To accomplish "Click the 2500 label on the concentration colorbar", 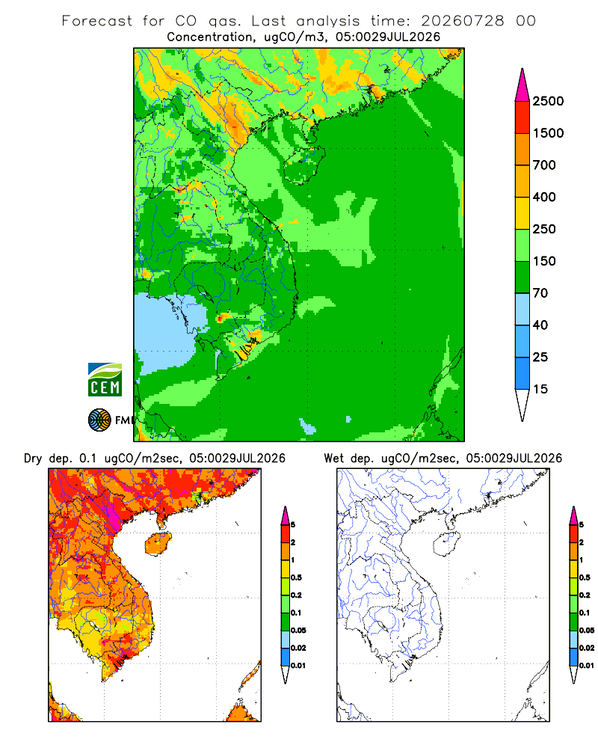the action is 548,101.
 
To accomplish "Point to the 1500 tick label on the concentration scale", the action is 548,133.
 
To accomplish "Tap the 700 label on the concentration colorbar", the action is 544,165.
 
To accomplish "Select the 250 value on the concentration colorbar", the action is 544,229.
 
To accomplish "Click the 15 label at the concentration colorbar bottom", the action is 540,389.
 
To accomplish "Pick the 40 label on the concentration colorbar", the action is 540,325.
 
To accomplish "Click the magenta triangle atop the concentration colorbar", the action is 523,85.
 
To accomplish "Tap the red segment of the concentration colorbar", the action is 523,117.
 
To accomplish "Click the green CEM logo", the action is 105,380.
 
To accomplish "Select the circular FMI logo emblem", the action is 99,420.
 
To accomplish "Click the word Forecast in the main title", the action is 97,21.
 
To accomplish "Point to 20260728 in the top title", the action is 462,21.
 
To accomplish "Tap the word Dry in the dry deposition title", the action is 33,459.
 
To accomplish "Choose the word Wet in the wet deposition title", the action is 334,459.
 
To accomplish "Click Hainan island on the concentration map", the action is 304,165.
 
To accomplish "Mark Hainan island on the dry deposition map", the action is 158,544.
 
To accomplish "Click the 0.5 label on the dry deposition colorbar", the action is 296,577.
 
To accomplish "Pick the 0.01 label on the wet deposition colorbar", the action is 587,666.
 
